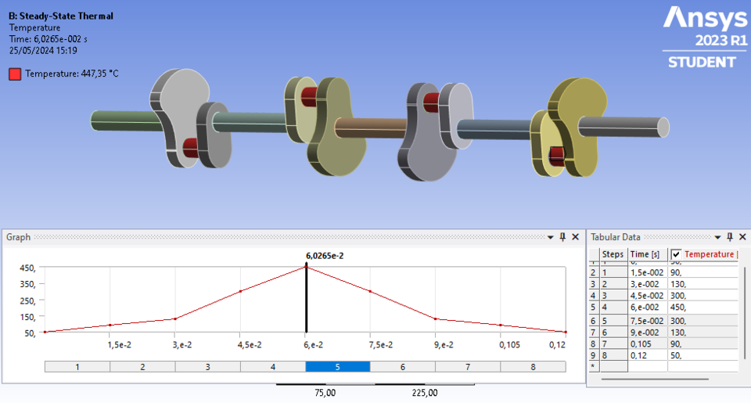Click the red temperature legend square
tap(15, 74)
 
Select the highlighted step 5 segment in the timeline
tap(337, 366)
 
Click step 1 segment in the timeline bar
tap(77, 366)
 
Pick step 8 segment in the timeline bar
tap(532, 366)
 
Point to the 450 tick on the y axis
tap(27, 267)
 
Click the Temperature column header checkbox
tap(676, 254)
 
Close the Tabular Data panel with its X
tap(742, 237)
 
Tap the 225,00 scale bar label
tap(424, 393)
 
